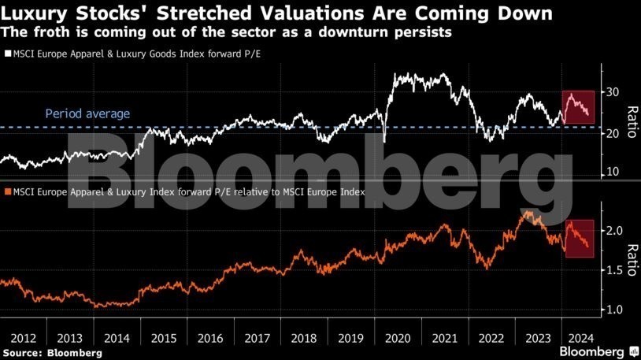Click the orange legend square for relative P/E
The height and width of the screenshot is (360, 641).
click(8, 191)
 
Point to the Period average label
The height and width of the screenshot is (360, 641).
click(87, 114)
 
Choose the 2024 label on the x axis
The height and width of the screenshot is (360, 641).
click(581, 337)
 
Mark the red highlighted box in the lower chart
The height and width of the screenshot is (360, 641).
click(579, 236)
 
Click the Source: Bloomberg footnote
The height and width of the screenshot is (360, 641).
click(52, 353)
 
